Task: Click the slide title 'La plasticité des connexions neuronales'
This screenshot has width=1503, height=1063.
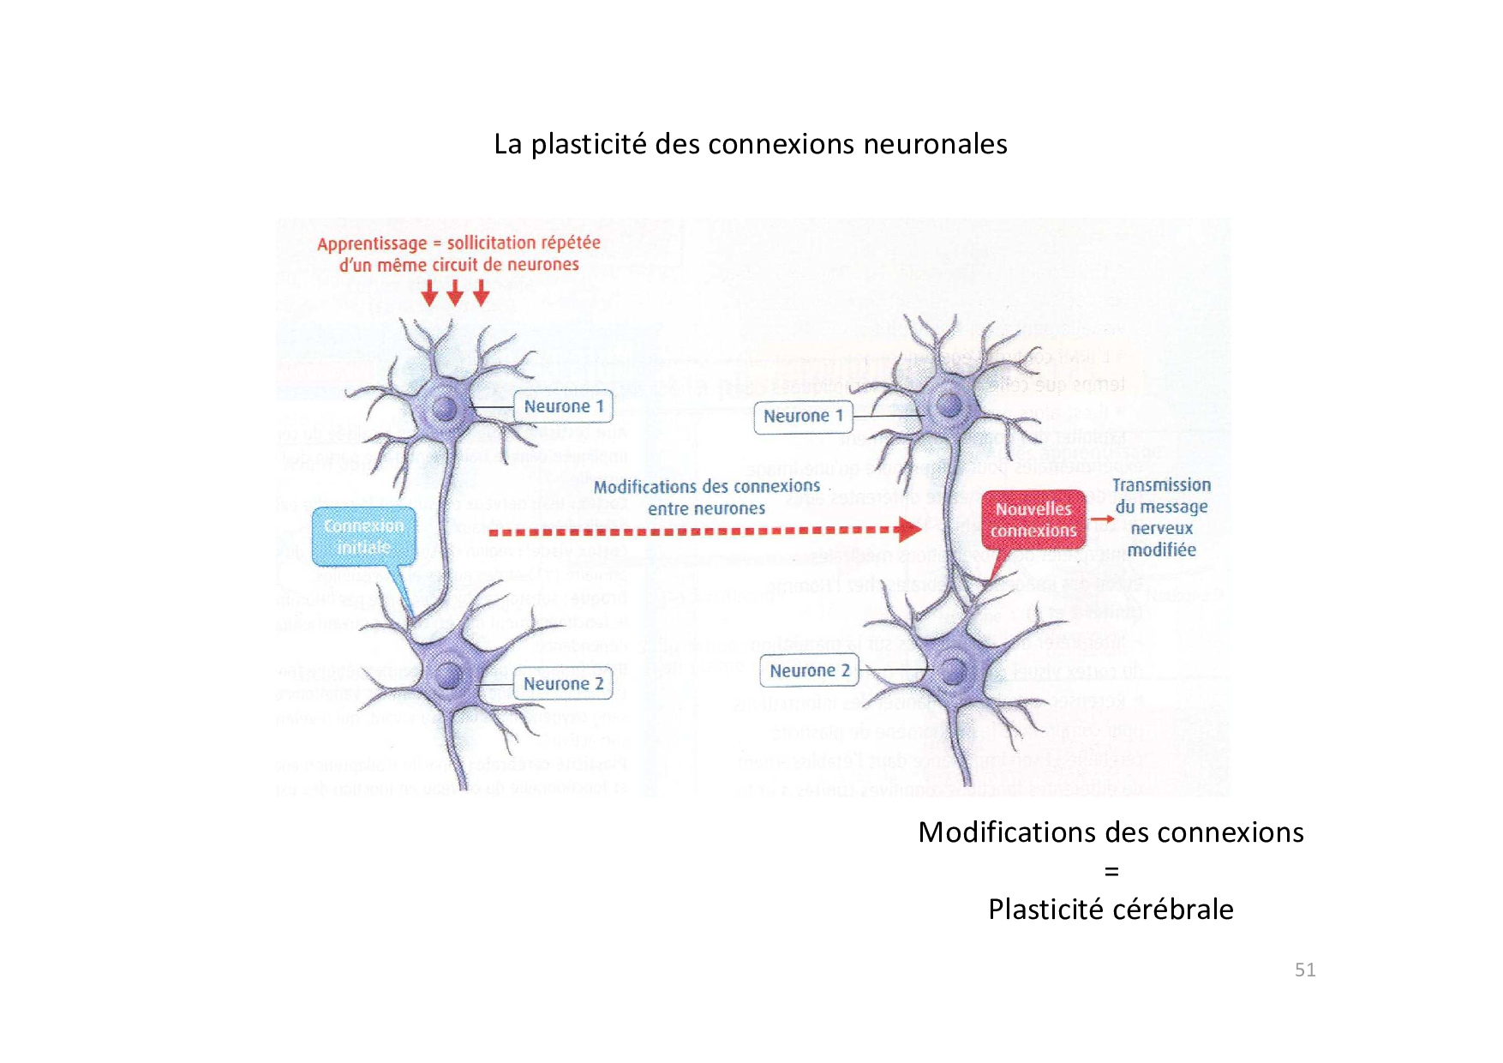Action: tap(750, 144)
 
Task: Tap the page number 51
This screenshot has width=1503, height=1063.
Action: tap(1304, 970)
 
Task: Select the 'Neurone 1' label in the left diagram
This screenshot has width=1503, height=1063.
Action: tap(563, 406)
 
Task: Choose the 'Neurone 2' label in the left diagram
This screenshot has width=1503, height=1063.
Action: tap(563, 684)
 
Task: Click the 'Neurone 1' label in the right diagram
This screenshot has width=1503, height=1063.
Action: tap(803, 417)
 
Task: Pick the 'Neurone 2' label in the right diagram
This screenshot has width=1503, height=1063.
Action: tap(809, 670)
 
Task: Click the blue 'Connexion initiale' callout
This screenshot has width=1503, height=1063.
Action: tap(363, 537)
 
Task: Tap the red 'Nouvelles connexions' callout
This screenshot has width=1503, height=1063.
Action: tap(1033, 519)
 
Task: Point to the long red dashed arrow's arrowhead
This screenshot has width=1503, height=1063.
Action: tap(910, 530)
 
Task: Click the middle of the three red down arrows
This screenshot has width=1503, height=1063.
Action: tap(455, 295)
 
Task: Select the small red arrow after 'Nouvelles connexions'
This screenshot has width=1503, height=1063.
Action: tap(1101, 519)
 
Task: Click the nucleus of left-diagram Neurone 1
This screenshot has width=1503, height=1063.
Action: tap(445, 408)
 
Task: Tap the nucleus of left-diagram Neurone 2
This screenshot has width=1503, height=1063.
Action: tap(448, 675)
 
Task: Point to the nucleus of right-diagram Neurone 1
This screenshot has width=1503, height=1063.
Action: tap(949, 403)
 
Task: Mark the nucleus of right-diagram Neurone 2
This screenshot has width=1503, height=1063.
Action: tap(954, 670)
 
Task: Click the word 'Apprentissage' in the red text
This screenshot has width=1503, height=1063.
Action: tap(371, 243)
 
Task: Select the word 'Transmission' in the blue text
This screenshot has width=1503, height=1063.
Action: tap(1161, 485)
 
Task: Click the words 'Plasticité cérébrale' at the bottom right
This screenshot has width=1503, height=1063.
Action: tap(1111, 909)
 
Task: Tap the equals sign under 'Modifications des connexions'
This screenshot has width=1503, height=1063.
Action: tap(1111, 872)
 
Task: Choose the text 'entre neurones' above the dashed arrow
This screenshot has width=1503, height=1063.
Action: tap(706, 509)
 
